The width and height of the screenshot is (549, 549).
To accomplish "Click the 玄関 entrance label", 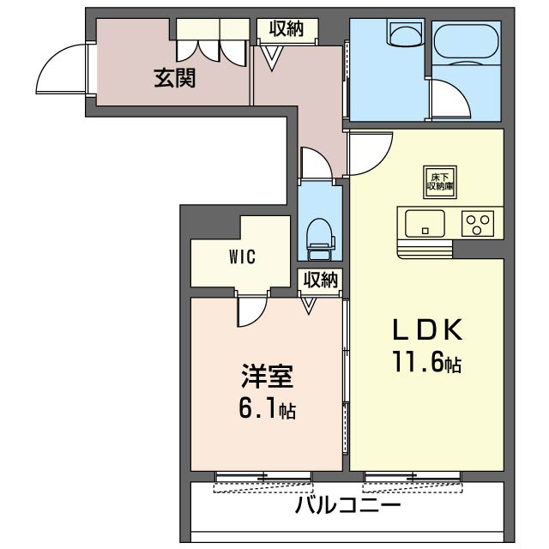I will [x=174, y=79].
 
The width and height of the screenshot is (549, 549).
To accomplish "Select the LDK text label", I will [x=428, y=329].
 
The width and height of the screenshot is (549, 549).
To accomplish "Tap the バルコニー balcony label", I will [x=347, y=504].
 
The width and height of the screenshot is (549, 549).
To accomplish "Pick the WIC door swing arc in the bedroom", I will [x=251, y=311].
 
